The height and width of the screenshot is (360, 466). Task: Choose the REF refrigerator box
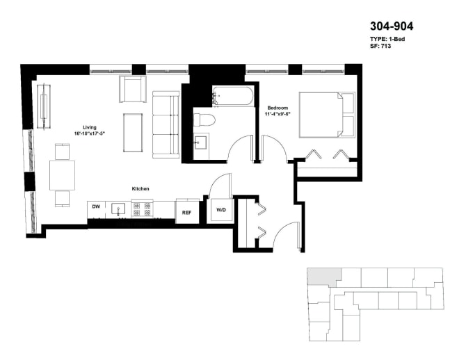(186, 213)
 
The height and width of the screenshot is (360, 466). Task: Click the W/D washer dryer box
(221, 210)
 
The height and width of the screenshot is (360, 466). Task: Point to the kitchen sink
(119, 208)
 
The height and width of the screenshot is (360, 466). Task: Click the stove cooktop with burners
(142, 208)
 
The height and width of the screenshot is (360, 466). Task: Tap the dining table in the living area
(62, 174)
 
